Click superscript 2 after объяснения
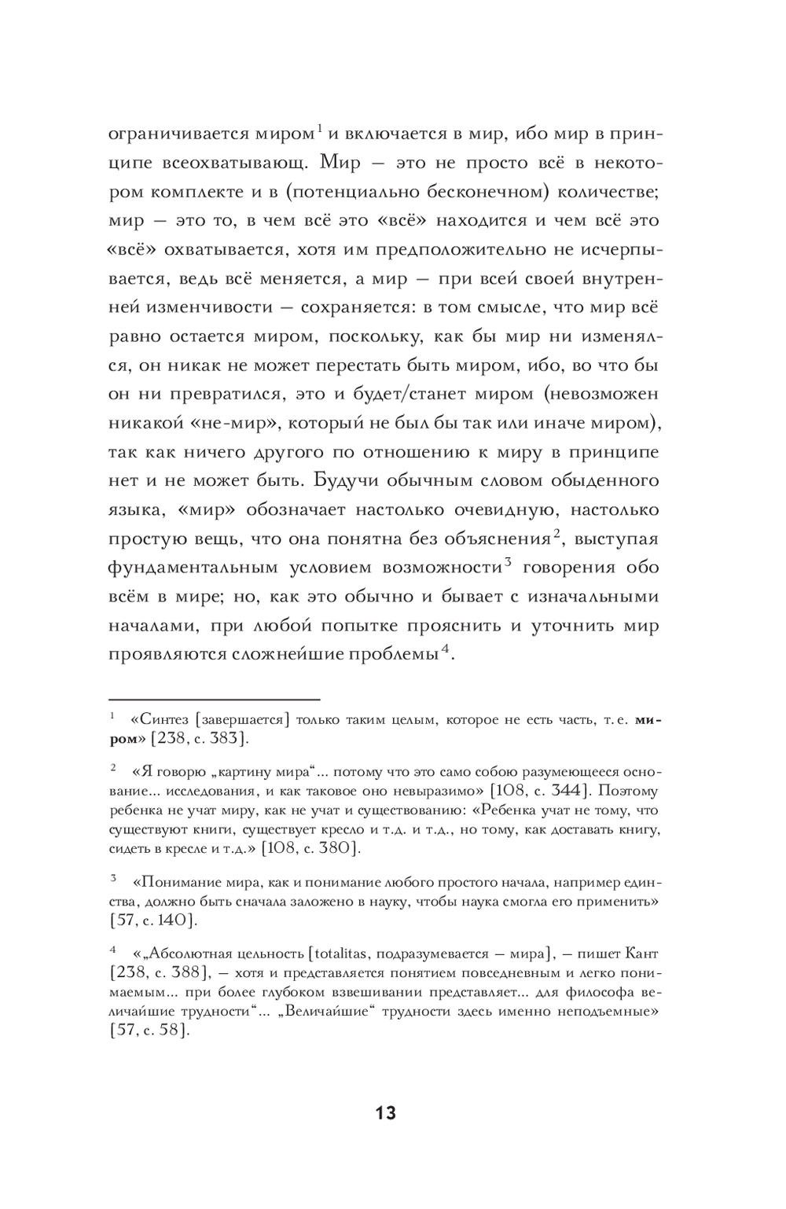click(x=555, y=532)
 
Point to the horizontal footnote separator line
click(x=214, y=698)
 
